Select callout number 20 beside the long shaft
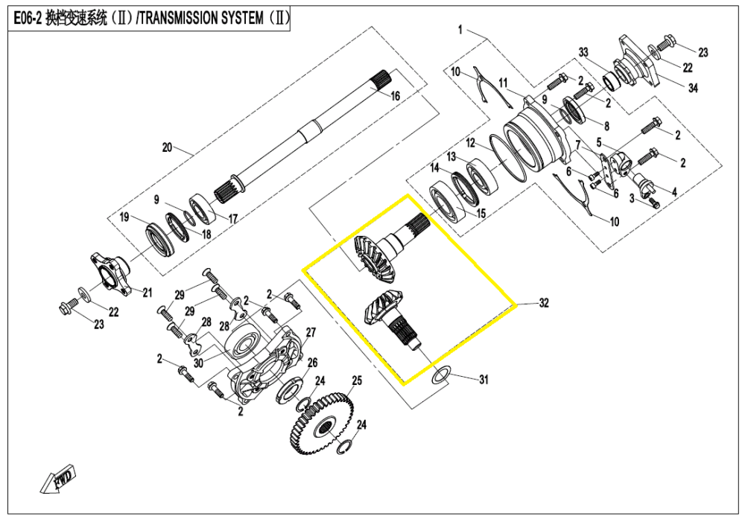tap(167, 147)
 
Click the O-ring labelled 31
tap(440, 374)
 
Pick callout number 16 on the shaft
tap(396, 96)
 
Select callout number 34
tap(693, 89)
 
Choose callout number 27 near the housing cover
tap(470, 142)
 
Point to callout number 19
tap(125, 217)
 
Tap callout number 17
tap(232, 219)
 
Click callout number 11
tap(503, 82)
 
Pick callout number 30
tap(197, 363)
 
